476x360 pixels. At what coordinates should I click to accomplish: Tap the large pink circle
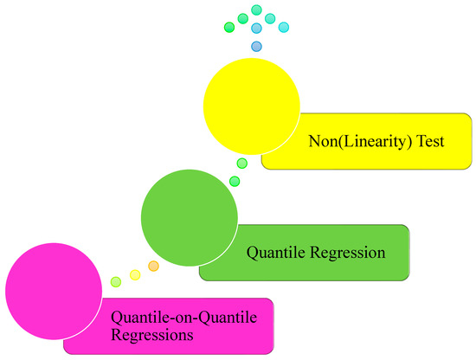(x=54, y=287)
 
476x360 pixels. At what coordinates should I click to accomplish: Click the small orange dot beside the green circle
(x=153, y=266)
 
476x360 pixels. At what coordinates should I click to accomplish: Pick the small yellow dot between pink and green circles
(x=135, y=274)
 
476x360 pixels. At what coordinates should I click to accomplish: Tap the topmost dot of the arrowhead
(x=256, y=10)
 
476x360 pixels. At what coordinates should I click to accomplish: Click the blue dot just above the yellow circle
(x=256, y=46)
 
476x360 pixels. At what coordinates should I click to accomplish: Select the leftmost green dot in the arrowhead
(x=229, y=27)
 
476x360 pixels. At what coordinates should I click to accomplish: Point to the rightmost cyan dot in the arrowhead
(x=284, y=27)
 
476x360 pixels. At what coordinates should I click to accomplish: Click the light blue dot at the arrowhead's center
(x=256, y=28)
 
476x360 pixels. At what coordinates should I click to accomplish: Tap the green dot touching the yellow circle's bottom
(x=242, y=163)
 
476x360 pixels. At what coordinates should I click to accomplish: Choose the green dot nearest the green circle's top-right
(x=234, y=180)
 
